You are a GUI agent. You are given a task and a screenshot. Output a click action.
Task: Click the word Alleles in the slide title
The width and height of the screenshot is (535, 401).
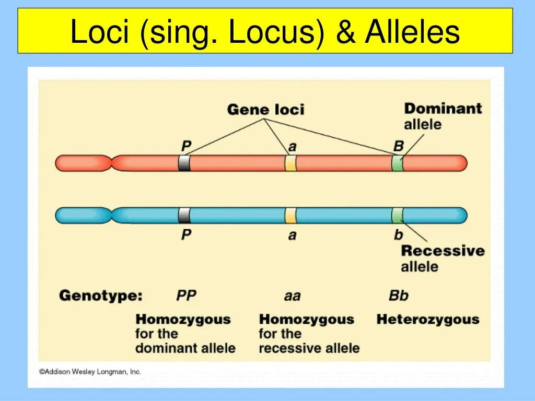pyautogui.click(x=412, y=32)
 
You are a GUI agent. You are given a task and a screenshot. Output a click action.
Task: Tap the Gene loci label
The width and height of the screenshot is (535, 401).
pyautogui.click(x=265, y=110)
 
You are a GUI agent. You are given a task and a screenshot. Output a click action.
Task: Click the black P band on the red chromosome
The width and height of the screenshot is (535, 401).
pyautogui.click(x=184, y=163)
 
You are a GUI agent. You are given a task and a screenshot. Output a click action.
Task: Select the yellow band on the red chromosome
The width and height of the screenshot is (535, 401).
pyautogui.click(x=290, y=163)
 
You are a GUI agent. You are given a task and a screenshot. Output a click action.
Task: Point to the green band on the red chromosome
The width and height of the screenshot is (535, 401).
pyautogui.click(x=398, y=163)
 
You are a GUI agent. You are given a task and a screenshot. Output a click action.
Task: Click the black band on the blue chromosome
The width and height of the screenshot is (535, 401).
pyautogui.click(x=184, y=215)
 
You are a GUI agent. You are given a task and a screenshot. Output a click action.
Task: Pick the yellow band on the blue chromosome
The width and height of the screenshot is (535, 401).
pyautogui.click(x=290, y=215)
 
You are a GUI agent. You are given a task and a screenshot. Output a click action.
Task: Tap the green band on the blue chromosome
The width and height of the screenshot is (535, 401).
pyautogui.click(x=398, y=215)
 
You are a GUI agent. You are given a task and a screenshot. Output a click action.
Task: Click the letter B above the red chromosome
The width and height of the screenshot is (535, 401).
pyautogui.click(x=398, y=147)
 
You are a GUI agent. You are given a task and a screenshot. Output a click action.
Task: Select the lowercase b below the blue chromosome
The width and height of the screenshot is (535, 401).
pyautogui.click(x=398, y=235)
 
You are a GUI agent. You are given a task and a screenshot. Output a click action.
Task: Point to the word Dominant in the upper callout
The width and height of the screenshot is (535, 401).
pyautogui.click(x=443, y=109)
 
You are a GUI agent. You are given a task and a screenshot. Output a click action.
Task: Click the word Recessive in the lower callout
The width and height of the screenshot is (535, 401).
pyautogui.click(x=443, y=251)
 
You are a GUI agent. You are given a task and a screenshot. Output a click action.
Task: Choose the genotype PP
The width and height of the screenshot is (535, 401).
pyautogui.click(x=186, y=296)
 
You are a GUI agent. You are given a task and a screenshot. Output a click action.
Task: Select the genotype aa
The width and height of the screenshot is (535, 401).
pyautogui.click(x=292, y=296)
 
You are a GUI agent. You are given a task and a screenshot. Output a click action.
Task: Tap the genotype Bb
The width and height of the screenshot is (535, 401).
pyautogui.click(x=398, y=296)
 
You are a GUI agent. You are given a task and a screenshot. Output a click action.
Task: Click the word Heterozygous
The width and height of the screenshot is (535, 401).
pyautogui.click(x=427, y=319)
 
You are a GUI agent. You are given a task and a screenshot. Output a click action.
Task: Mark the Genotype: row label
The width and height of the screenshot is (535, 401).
pyautogui.click(x=100, y=296)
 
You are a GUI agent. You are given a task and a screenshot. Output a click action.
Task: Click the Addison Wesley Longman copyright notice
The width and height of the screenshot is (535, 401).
pyautogui.click(x=90, y=372)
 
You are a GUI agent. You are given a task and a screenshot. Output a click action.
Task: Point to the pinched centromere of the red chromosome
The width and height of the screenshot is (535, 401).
pyautogui.click(x=112, y=163)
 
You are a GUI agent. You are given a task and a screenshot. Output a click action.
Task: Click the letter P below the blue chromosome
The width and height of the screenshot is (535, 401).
pyautogui.click(x=186, y=235)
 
